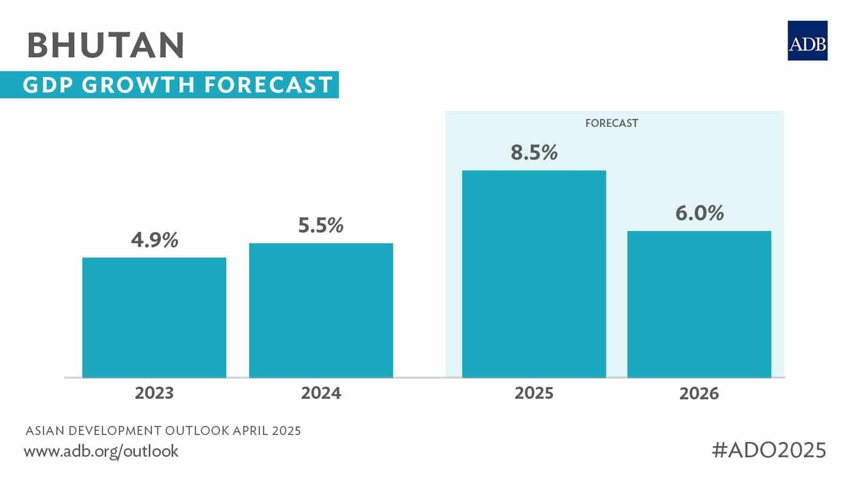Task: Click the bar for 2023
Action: coord(154,318)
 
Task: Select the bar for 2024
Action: coord(321,311)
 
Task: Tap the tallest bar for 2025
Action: coord(534,274)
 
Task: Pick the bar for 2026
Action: coord(699,304)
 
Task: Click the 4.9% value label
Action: coord(155,241)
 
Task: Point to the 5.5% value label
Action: coord(321,226)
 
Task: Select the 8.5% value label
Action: coord(534,153)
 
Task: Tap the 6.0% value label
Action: coord(699,214)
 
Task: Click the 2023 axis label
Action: coord(154,394)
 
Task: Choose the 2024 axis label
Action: coord(321,394)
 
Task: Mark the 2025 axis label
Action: coord(534,394)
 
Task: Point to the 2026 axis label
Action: coord(699,394)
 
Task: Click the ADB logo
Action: coord(807,41)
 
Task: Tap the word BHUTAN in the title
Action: coord(106,45)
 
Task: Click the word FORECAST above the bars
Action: coord(611,123)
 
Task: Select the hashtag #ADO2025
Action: coord(769,450)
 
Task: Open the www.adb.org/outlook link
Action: coord(101,451)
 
